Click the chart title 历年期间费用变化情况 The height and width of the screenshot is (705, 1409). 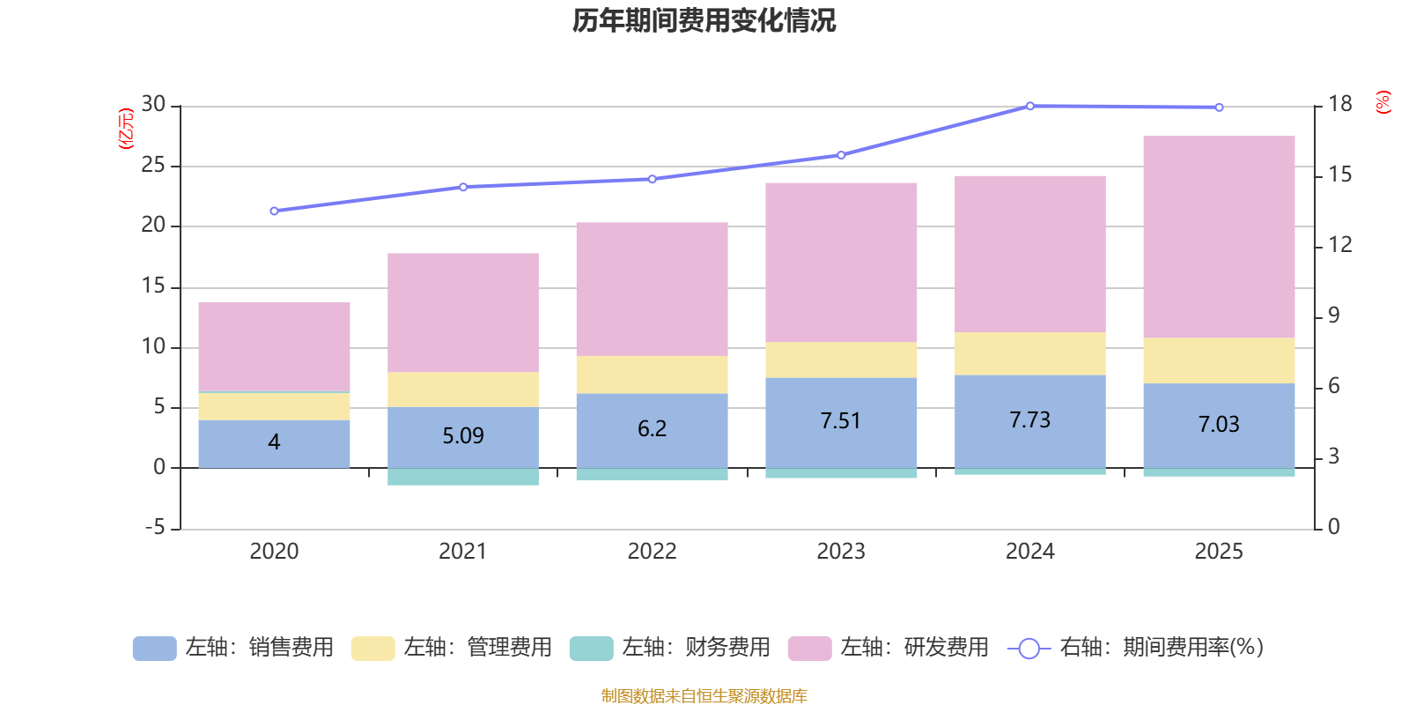click(704, 20)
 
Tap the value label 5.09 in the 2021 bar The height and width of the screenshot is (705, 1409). click(463, 435)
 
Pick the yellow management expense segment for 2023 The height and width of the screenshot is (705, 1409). click(841, 360)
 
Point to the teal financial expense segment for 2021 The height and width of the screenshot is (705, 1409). click(463, 477)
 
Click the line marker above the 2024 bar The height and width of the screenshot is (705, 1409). click(1029, 107)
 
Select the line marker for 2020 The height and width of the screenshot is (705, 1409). click(274, 211)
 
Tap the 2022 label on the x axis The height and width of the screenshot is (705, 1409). click(652, 552)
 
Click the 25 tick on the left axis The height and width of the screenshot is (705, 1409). click(153, 166)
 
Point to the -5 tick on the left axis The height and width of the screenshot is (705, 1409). click(153, 528)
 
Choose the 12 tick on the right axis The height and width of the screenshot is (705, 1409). click(1339, 245)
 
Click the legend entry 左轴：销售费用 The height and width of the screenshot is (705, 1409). click(233, 648)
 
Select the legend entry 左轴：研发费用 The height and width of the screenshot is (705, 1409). click(889, 648)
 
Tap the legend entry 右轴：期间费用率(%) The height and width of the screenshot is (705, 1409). click(1140, 648)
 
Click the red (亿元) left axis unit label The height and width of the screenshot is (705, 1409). click(127, 129)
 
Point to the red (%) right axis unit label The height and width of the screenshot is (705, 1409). click(1383, 102)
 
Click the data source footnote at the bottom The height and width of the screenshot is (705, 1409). click(704, 696)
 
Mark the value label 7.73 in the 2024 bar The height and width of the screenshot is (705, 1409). click(1029, 420)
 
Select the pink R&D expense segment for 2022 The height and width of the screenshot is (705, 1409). click(652, 289)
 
